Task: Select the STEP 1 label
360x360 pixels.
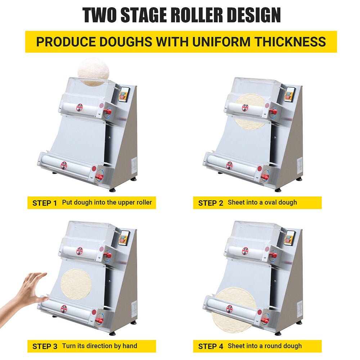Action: pyautogui.click(x=45, y=203)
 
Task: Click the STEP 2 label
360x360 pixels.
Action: pyautogui.click(x=211, y=203)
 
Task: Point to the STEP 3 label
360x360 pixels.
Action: pyautogui.click(x=45, y=346)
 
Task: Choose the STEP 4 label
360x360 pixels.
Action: pyautogui.click(x=211, y=346)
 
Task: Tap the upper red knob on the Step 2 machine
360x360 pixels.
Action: pyautogui.click(x=274, y=112)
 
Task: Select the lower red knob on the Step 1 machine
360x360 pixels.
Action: pyautogui.click(x=100, y=177)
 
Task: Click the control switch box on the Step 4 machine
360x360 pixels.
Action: pyautogui.click(x=289, y=238)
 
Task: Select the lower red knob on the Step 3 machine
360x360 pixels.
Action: pyautogui.click(x=100, y=320)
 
